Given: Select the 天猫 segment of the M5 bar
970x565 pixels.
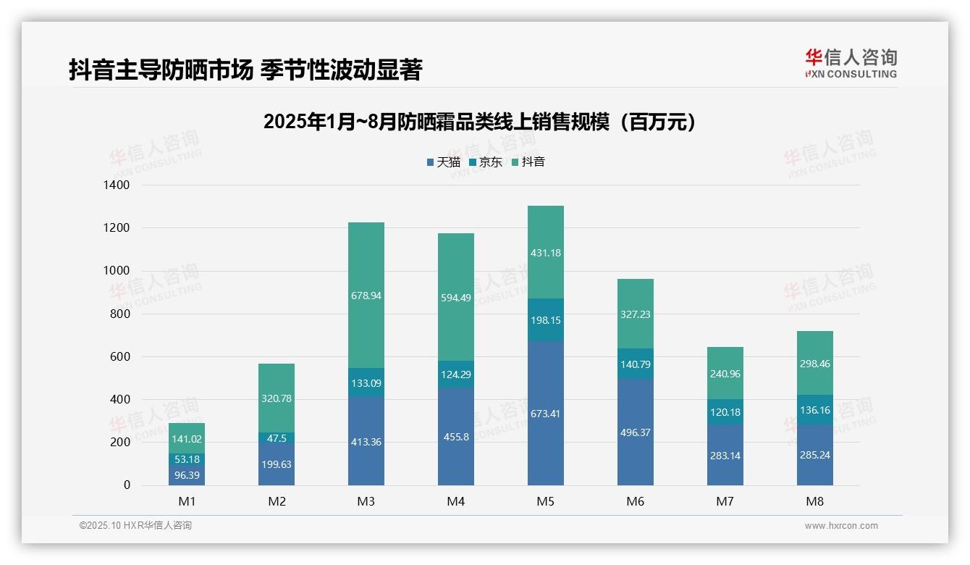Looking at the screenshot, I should [x=545, y=413].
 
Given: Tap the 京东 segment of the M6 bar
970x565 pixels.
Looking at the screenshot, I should [x=635, y=364].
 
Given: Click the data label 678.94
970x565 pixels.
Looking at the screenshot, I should [x=366, y=296].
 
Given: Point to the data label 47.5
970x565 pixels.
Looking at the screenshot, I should [x=276, y=438].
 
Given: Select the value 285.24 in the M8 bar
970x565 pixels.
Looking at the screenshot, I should [x=814, y=456].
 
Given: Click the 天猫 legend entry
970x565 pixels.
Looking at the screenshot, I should [x=444, y=162].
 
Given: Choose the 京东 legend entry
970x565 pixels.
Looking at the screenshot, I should [x=486, y=162].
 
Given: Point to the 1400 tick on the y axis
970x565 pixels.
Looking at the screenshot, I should [x=116, y=185].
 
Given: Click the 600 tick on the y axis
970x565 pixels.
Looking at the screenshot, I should [x=120, y=356].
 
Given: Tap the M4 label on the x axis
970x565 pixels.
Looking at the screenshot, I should [x=455, y=502].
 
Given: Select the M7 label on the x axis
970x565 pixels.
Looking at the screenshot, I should [x=725, y=502].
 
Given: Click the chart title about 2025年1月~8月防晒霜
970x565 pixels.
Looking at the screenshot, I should [x=481, y=122].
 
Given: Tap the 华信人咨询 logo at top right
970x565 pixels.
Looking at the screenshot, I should [x=851, y=63].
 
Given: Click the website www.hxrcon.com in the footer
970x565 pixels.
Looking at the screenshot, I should [x=840, y=526].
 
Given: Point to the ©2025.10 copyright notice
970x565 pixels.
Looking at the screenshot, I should [x=135, y=526].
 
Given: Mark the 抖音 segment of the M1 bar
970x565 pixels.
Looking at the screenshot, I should [x=186, y=438].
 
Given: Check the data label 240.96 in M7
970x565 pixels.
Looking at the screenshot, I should [x=725, y=374].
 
